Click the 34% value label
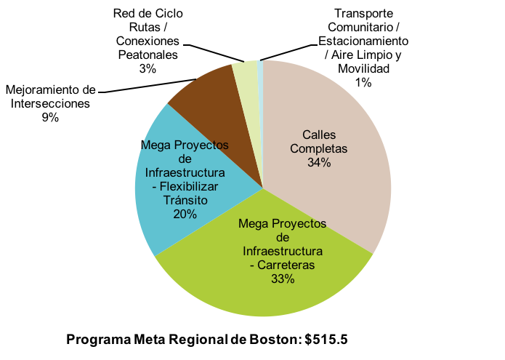320,163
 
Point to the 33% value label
283,279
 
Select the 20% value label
185,213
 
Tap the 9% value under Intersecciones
50,117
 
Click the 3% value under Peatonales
148,68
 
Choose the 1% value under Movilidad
364,82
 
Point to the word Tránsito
185,200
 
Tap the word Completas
320,148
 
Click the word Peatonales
148,55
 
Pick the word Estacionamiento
364,41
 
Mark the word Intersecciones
50,103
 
